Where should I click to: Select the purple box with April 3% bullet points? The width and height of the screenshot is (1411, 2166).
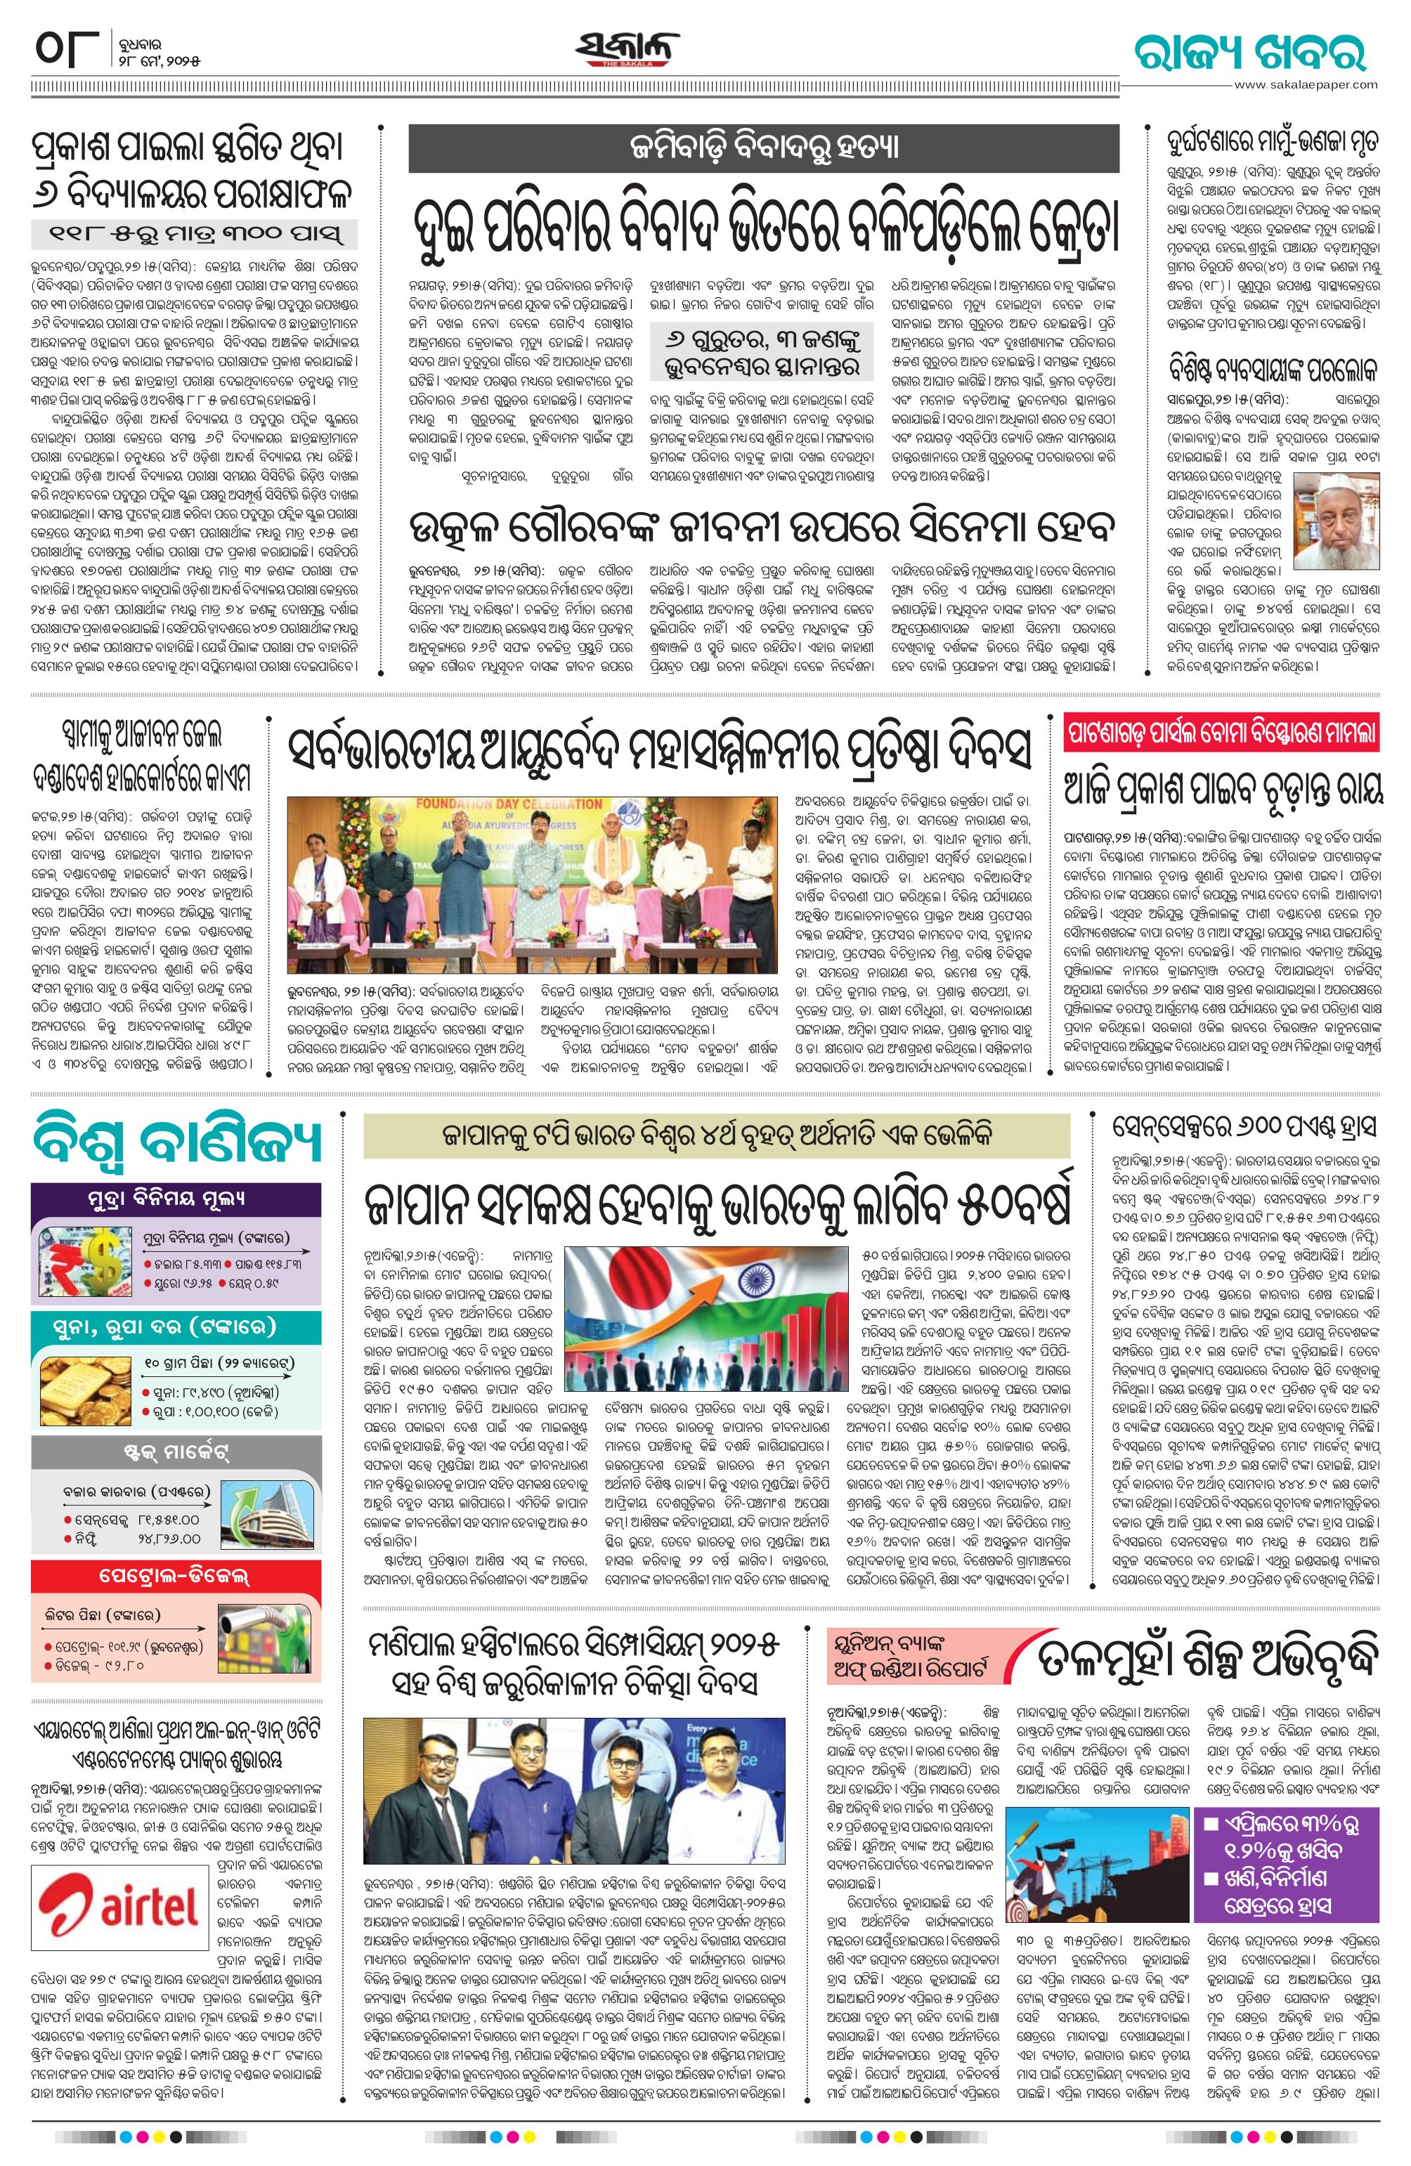tap(1288, 1854)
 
